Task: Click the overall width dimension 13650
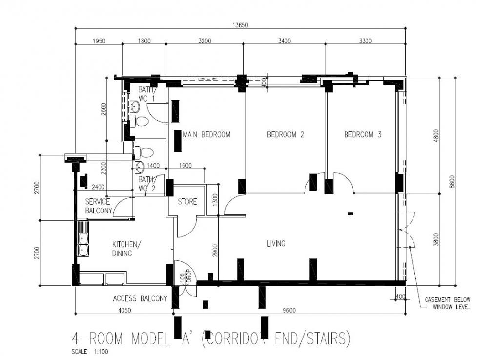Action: point(240,26)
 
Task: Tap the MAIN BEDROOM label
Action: point(206,134)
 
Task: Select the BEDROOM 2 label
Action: point(285,134)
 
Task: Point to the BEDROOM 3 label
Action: point(363,134)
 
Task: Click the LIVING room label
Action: point(276,243)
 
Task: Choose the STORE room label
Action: point(187,201)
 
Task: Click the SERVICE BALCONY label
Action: point(98,206)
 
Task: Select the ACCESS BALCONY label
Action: point(140,298)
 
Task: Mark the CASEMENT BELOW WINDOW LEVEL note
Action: point(447,303)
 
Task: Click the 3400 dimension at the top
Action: point(284,41)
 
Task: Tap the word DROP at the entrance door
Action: point(188,277)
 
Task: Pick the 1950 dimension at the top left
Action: point(99,41)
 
